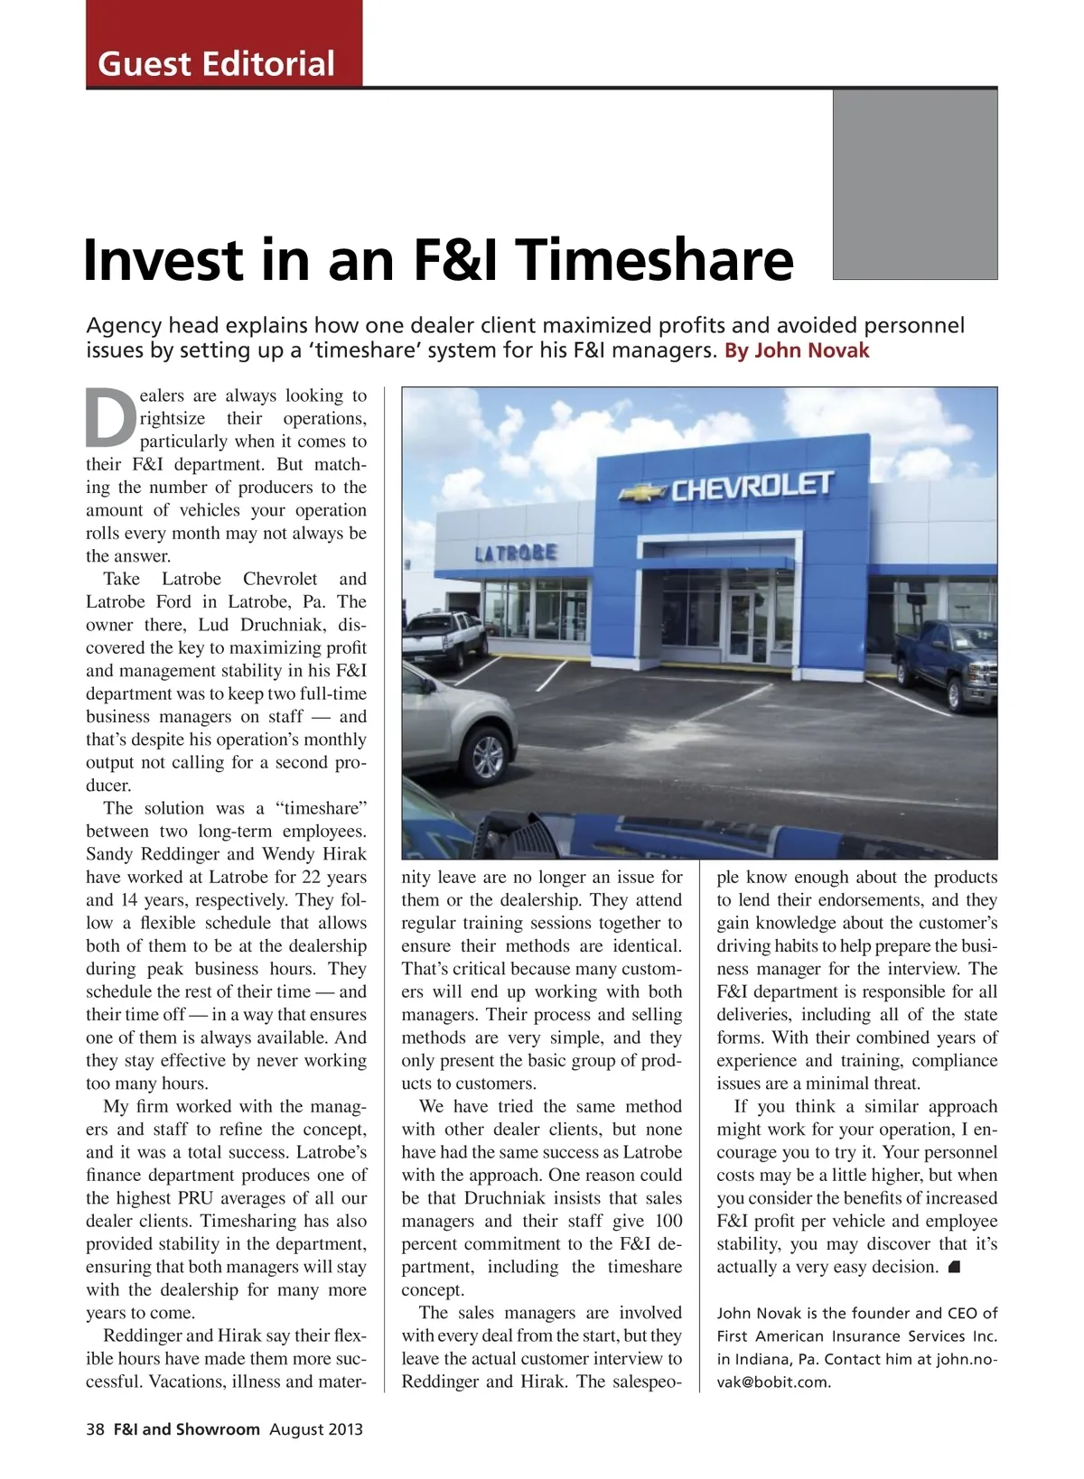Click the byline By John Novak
click(797, 350)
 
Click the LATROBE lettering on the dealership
click(516, 553)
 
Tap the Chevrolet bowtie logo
click(643, 493)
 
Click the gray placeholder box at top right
click(914, 184)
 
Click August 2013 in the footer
click(316, 1429)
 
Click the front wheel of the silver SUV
click(489, 753)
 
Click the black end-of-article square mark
click(955, 1268)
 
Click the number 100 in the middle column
click(668, 1222)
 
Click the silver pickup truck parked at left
click(444, 636)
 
